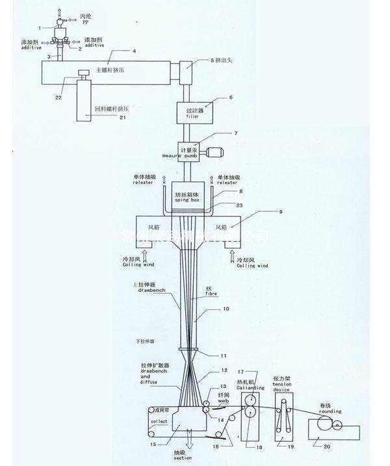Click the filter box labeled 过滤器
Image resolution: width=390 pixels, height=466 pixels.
click(196, 114)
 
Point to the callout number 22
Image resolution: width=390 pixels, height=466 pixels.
click(58, 98)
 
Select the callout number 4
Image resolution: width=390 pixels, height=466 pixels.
click(134, 51)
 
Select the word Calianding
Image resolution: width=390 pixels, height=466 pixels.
click(248, 388)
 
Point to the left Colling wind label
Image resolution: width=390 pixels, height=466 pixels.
click(134, 266)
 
